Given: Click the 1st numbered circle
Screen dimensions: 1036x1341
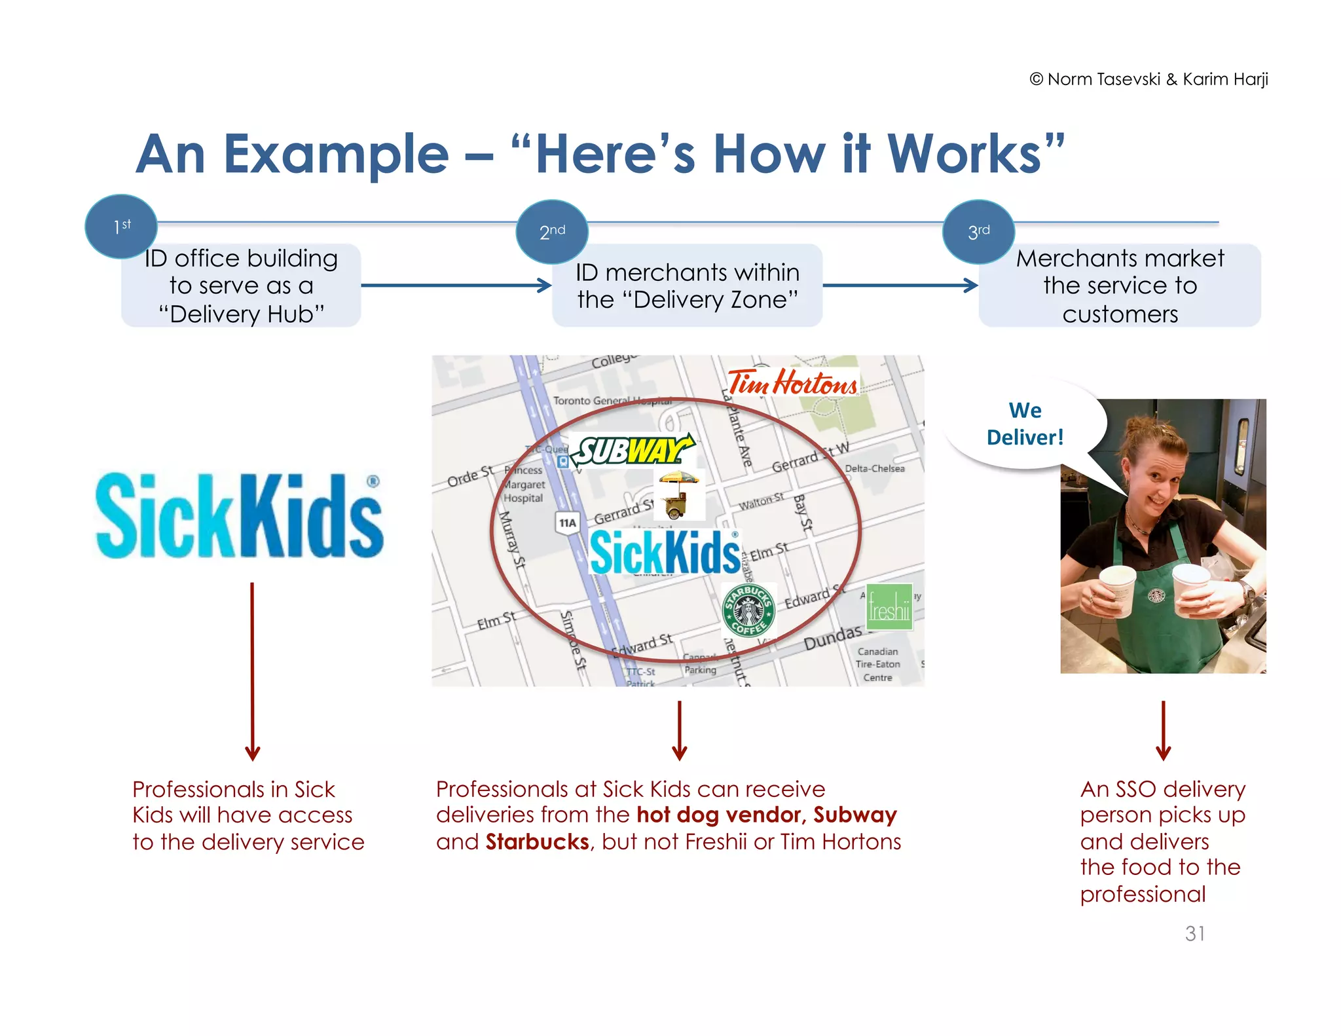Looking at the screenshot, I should [121, 227].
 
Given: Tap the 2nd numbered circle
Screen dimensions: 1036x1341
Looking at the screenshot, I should [552, 232].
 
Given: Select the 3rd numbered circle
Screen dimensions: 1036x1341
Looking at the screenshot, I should [978, 232].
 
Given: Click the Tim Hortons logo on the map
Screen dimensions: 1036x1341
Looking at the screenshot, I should [792, 382].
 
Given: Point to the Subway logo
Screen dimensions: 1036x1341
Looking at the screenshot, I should [632, 451].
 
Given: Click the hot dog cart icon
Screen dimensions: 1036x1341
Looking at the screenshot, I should [678, 495].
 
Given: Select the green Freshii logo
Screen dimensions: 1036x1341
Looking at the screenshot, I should [889, 607].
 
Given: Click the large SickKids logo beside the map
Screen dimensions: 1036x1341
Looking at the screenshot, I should [240, 517].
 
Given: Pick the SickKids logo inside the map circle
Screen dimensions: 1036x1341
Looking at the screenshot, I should [665, 552].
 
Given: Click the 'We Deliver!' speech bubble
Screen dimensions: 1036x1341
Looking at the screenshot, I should [1025, 424].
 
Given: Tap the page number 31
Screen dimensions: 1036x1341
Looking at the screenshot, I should [1194, 933].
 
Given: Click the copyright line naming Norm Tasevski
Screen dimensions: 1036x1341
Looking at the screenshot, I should [1148, 79].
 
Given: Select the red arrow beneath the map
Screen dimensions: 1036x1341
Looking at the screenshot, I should [680, 730].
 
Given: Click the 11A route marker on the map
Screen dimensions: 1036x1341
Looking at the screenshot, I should [568, 523].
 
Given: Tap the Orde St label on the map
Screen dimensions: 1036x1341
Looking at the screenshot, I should [469, 476].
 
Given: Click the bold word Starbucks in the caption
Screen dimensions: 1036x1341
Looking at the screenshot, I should [537, 842].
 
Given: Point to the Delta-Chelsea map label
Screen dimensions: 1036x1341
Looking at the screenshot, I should [875, 469].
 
